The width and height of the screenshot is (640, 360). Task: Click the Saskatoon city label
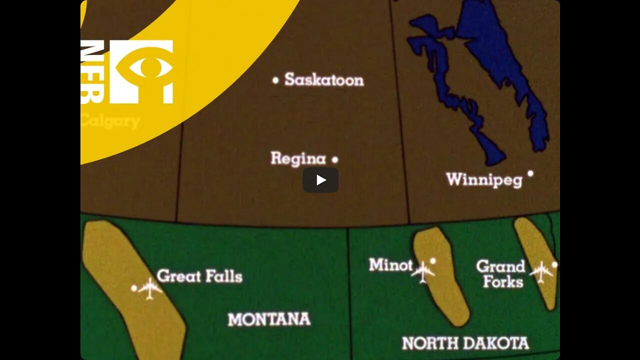pyautogui.click(x=324, y=80)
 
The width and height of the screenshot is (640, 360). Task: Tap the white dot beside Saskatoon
pyautogui.click(x=275, y=80)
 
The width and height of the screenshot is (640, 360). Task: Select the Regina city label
pyautogui.click(x=298, y=159)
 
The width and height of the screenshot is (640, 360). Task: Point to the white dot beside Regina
pyautogui.click(x=335, y=160)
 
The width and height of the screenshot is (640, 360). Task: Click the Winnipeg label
pyautogui.click(x=484, y=179)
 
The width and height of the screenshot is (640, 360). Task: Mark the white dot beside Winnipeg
pyautogui.click(x=530, y=173)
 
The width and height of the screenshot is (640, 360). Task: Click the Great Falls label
pyautogui.click(x=199, y=276)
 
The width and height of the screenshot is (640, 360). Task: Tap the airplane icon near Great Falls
pyautogui.click(x=149, y=288)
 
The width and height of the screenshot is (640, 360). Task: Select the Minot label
pyautogui.click(x=390, y=265)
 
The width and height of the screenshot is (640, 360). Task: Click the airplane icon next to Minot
pyautogui.click(x=423, y=272)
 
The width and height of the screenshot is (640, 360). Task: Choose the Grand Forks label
pyautogui.click(x=500, y=273)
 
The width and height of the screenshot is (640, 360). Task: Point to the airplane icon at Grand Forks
pyautogui.click(x=541, y=271)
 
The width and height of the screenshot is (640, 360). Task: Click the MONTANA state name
pyautogui.click(x=269, y=319)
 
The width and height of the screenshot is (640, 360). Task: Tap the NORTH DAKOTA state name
pyautogui.click(x=465, y=343)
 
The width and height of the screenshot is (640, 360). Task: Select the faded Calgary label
pyautogui.click(x=110, y=121)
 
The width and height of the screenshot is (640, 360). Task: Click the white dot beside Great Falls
pyautogui.click(x=134, y=288)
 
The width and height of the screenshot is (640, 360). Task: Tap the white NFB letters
pyautogui.click(x=92, y=71)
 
